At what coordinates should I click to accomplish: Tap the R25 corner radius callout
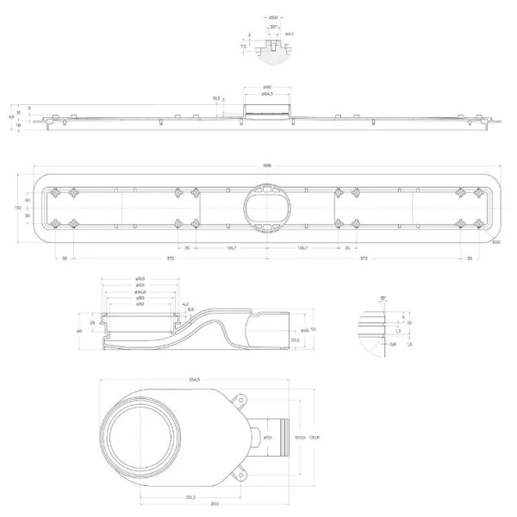tap(496, 242)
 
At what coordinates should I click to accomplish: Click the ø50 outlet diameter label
tap(267, 438)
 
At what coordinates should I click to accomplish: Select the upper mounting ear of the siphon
tap(240, 400)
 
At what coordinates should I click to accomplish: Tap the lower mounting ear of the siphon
tap(240, 472)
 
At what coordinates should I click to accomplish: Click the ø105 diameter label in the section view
tap(140, 279)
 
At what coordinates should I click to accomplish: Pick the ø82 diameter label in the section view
tap(140, 304)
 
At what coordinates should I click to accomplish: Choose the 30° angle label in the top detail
tap(273, 28)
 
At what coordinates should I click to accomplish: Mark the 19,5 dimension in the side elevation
tap(215, 98)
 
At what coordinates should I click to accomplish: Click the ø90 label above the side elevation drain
tap(267, 88)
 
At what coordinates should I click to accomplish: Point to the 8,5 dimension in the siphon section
tap(190, 309)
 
